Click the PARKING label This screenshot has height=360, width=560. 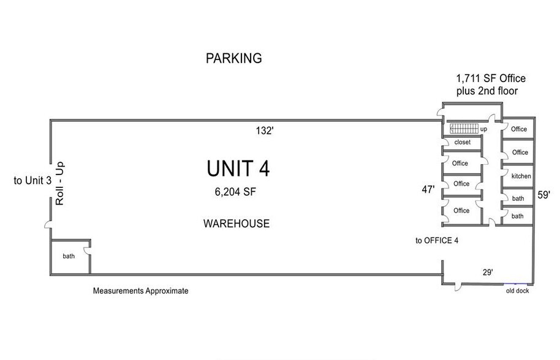point(233,58)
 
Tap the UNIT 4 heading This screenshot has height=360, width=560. point(238,169)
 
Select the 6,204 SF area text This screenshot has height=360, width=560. point(235,192)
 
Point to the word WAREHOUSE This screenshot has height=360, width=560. point(236,223)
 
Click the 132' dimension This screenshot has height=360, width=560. point(265,131)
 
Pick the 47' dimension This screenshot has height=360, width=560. point(428,189)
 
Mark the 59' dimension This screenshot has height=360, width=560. point(543,195)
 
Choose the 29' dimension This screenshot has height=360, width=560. point(488,272)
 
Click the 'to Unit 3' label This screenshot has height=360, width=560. point(32,181)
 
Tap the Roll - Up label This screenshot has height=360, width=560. point(59,184)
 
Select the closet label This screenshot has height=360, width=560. point(463,142)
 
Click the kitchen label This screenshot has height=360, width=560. point(521,176)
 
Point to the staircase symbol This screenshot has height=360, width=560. point(464,129)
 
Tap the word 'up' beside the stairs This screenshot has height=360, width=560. point(483,129)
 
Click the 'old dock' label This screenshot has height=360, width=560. point(518,291)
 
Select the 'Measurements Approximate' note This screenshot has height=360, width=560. point(141,291)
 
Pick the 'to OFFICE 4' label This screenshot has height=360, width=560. point(437,241)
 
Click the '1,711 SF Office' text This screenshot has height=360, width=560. point(491,78)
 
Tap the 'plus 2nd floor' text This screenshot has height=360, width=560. point(487,91)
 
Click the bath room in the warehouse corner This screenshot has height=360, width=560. point(69,256)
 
